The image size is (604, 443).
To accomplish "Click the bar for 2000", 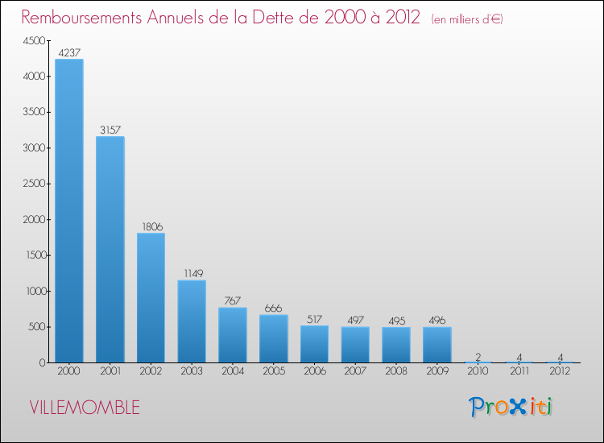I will pyautogui.click(x=69, y=211).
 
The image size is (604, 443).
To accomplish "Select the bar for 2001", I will pyautogui.click(x=110, y=250).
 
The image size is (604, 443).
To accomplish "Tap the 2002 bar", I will pyautogui.click(x=151, y=298).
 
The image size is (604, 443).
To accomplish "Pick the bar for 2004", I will pyautogui.click(x=233, y=335).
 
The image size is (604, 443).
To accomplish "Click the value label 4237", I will pyautogui.click(x=69, y=52).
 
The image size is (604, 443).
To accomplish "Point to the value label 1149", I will pyautogui.click(x=192, y=273).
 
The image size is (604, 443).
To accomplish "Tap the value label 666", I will pyautogui.click(x=274, y=308).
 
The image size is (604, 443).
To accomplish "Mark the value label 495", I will pyautogui.click(x=396, y=320).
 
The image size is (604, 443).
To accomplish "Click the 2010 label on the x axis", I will pyautogui.click(x=478, y=371).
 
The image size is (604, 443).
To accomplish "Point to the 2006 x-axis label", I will pyautogui.click(x=315, y=371).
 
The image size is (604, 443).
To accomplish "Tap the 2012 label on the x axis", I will pyautogui.click(x=560, y=371).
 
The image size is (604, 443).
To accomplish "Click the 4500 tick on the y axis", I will pyautogui.click(x=34, y=41).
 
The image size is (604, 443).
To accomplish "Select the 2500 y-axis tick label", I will pyautogui.click(x=34, y=184).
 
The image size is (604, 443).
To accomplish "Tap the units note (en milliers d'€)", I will pyautogui.click(x=468, y=19).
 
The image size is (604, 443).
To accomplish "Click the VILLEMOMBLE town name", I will pyautogui.click(x=85, y=408).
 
